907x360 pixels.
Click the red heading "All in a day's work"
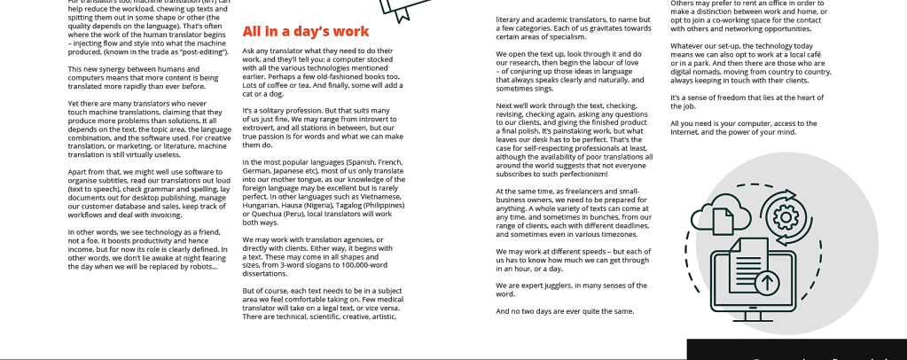pos(305,32)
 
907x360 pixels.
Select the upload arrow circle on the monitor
pos(767,283)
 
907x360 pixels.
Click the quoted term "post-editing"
pos(203,52)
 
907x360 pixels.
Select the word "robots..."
pos(199,266)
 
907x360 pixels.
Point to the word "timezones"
pos(604,234)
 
